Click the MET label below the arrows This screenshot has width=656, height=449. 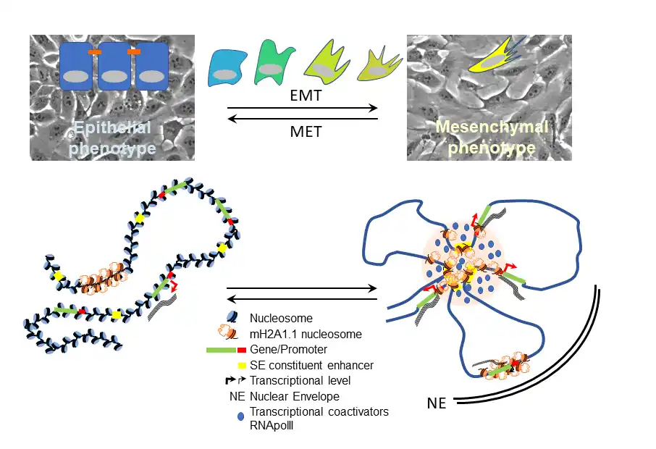pos(303,133)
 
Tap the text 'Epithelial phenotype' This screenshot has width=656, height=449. pos(114,138)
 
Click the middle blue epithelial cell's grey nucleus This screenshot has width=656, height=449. pos(114,75)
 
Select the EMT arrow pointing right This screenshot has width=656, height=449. pos(303,109)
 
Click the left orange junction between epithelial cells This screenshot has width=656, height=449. pos(95,53)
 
